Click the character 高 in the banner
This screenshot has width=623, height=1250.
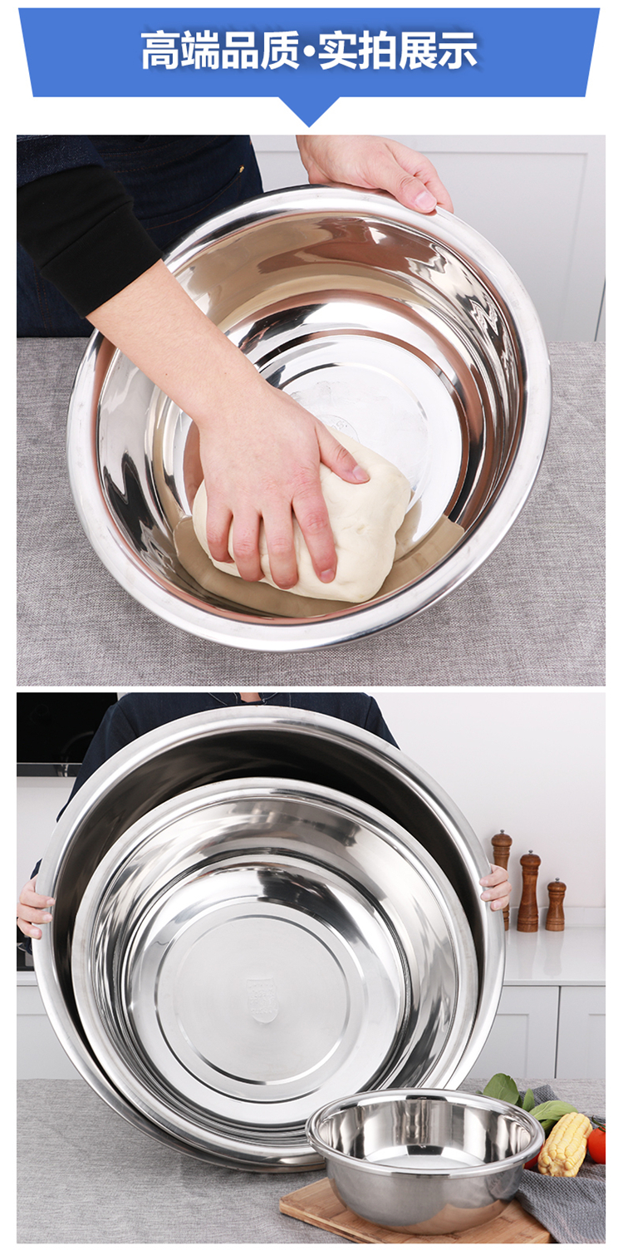tap(160, 51)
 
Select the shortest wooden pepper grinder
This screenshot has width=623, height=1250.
tap(556, 905)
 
